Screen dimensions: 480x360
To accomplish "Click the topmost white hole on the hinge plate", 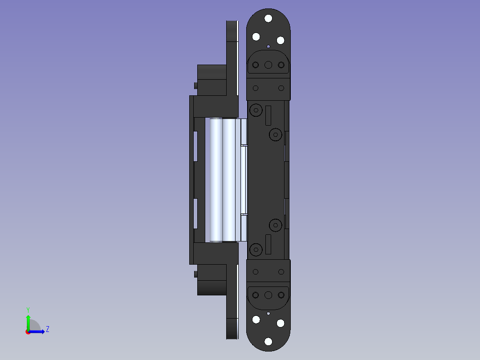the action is tap(268, 18).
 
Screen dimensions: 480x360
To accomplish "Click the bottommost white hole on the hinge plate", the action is tap(268, 341).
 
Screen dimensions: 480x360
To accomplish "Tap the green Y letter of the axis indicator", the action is tap(28, 310).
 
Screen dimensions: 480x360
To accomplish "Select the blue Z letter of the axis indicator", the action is tap(48, 329).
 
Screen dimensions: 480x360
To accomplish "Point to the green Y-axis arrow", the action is tap(28, 323).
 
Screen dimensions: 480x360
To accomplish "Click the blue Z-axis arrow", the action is tap(37, 332).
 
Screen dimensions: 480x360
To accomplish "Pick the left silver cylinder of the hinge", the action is tap(216, 180).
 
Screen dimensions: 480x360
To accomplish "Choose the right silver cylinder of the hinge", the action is tap(229, 180).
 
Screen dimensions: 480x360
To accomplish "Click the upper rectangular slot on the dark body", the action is tap(268, 115).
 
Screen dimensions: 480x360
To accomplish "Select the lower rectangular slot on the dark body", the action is tap(268, 244).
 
